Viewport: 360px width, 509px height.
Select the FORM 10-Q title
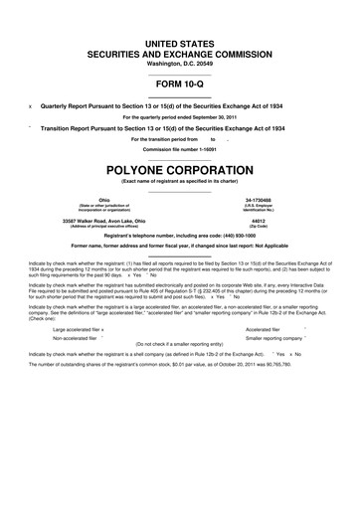180,84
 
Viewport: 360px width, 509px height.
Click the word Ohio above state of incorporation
91,199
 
